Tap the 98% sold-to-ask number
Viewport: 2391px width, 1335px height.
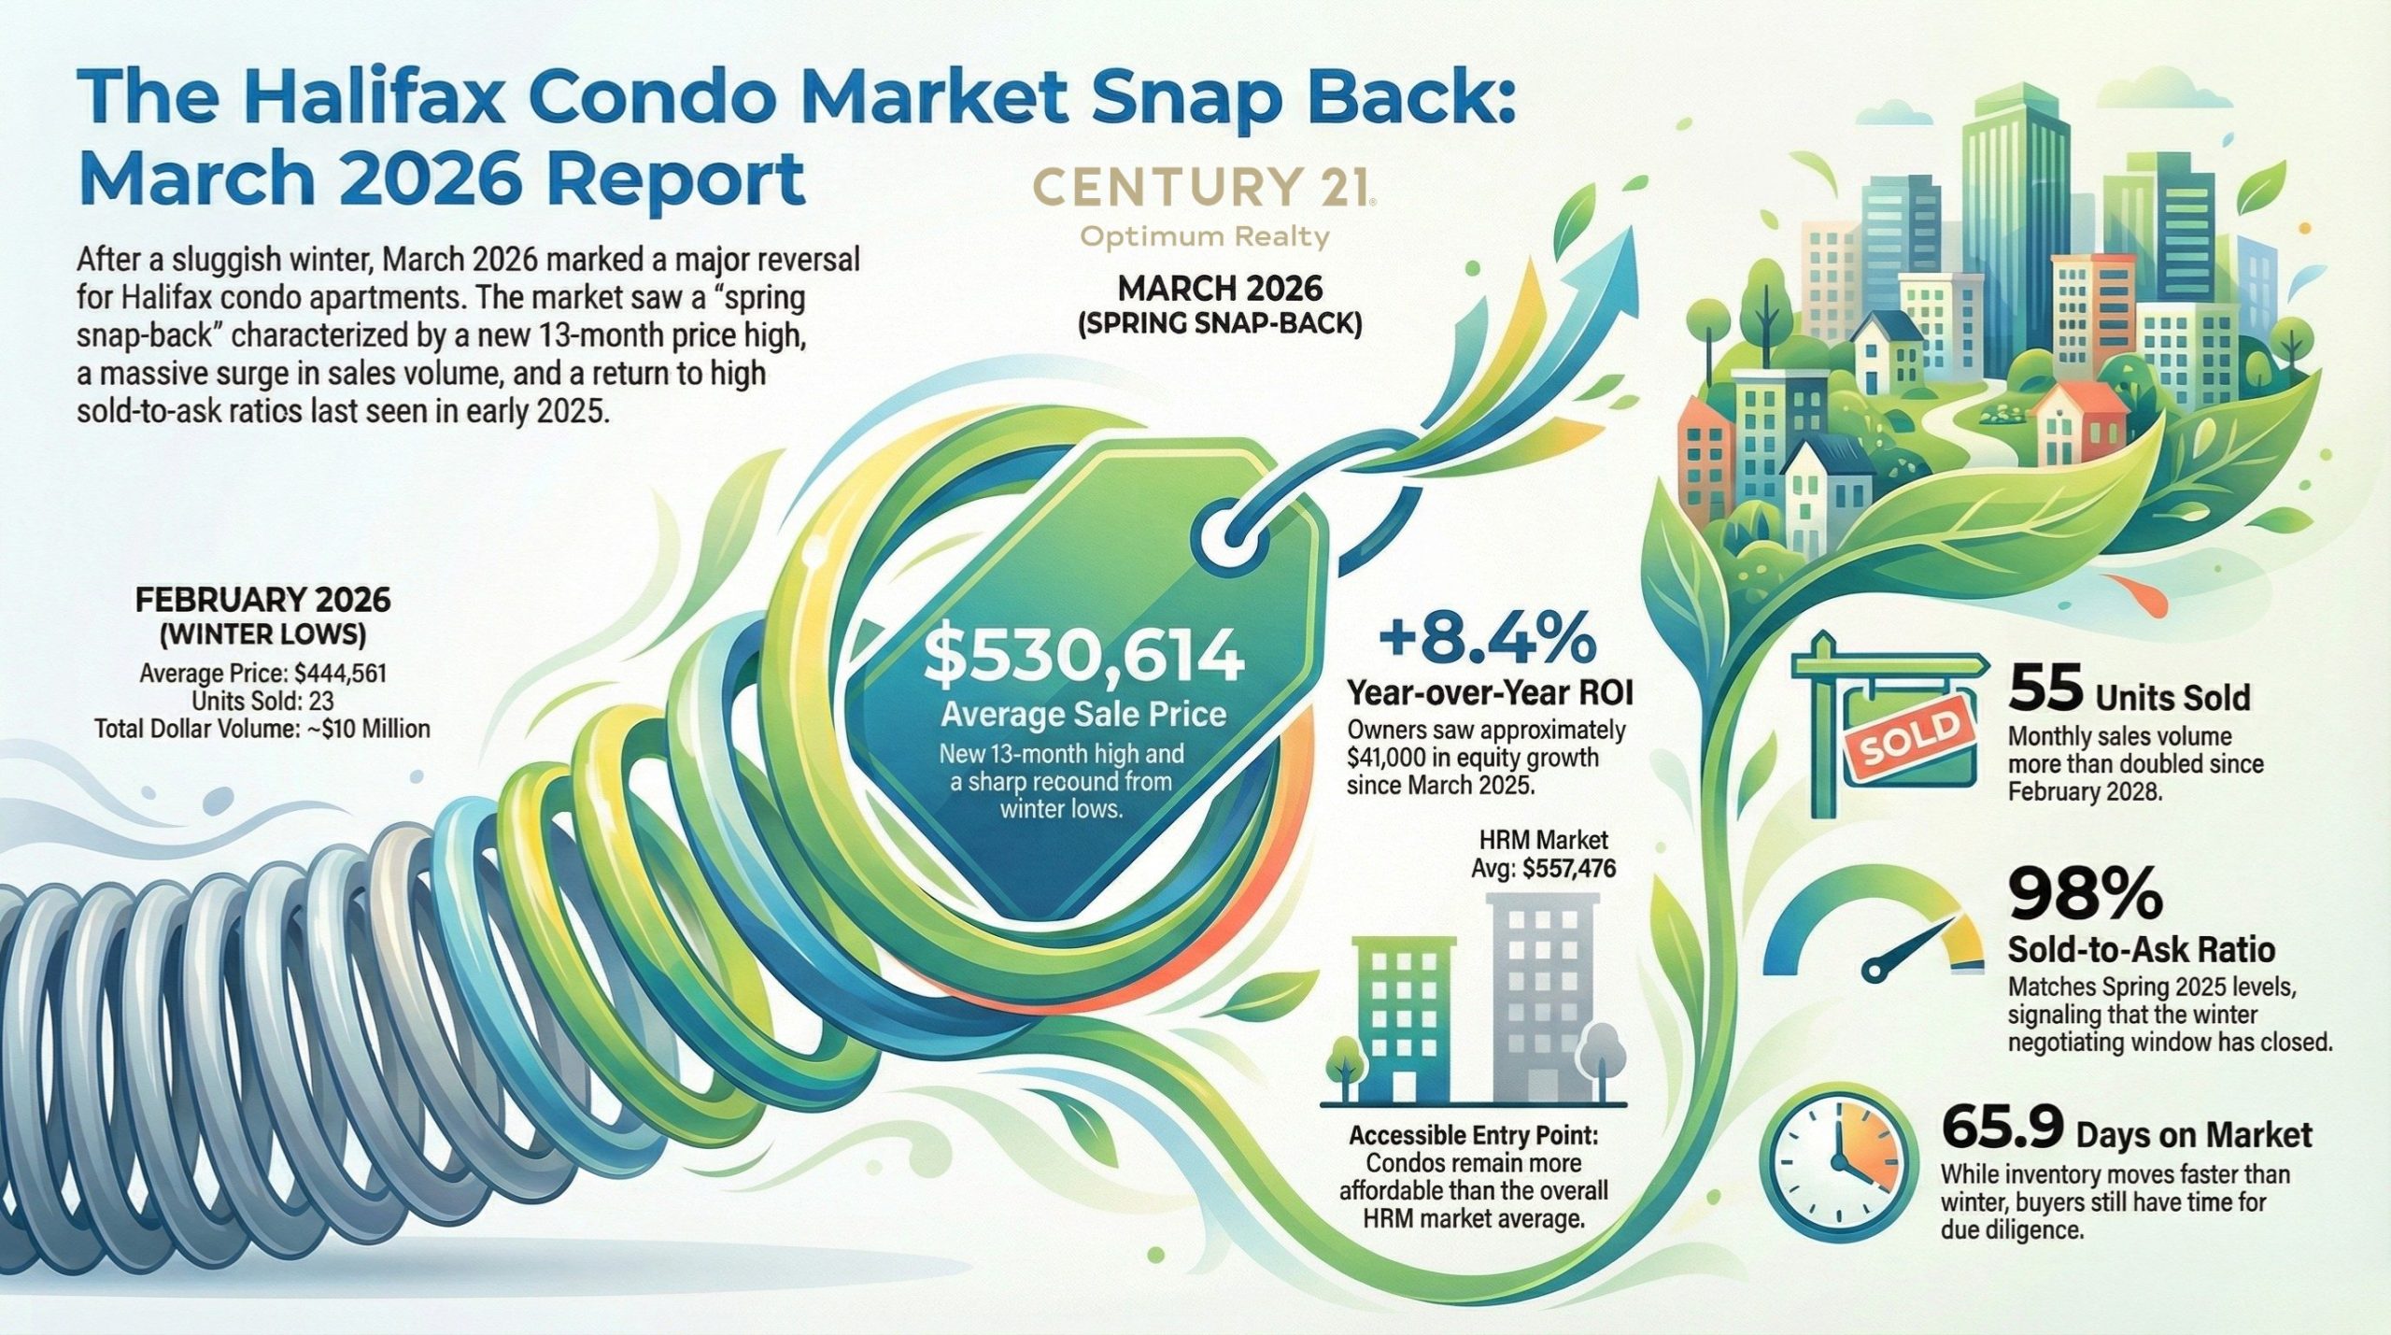click(2086, 893)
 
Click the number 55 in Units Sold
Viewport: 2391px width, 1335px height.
click(2044, 691)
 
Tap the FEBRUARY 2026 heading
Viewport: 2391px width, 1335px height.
click(262, 600)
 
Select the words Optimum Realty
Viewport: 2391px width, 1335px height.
click(1204, 237)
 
